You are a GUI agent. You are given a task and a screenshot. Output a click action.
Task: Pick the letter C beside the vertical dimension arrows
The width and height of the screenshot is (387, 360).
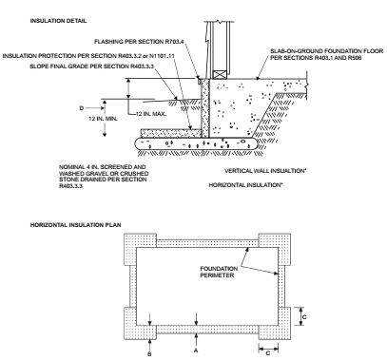(302, 312)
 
